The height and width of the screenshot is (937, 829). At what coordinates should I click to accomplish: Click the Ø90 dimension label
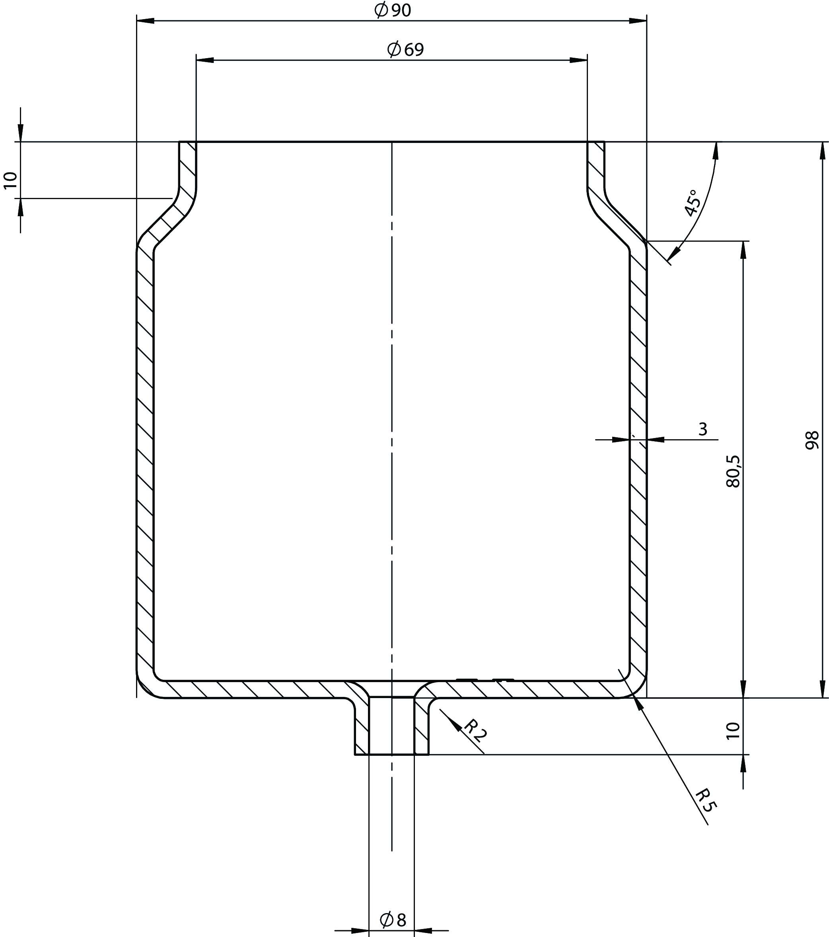393,10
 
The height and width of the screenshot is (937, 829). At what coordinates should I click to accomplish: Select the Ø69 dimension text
405,49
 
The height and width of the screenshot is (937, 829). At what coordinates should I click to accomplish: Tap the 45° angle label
692,203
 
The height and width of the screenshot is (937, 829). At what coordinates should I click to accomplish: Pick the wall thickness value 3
703,429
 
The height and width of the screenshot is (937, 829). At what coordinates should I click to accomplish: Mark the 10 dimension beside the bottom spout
733,730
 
